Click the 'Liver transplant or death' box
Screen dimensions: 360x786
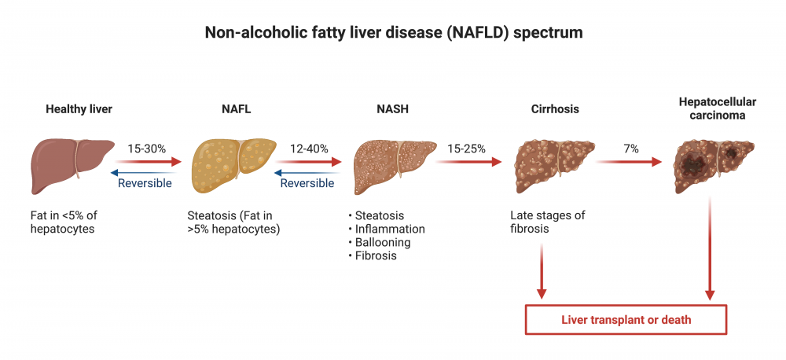click(626, 320)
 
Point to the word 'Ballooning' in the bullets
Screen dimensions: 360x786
click(383, 242)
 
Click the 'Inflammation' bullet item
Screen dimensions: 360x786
click(390, 229)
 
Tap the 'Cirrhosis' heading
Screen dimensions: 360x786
click(555, 109)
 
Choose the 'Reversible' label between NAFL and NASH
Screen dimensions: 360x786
click(307, 183)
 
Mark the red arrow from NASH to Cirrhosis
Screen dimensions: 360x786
click(468, 162)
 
